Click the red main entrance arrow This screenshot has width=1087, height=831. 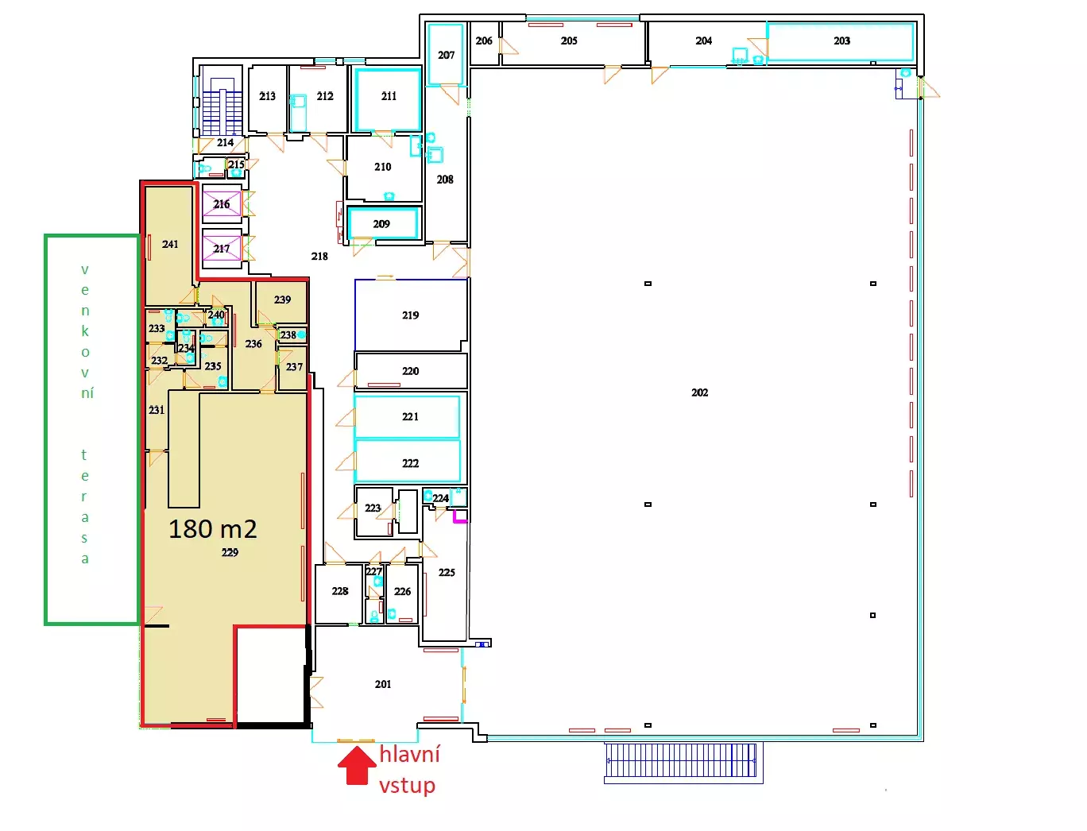(x=356, y=765)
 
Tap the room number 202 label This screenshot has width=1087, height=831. (x=699, y=392)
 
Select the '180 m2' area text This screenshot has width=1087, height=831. (x=212, y=528)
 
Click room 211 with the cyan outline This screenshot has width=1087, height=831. (x=388, y=99)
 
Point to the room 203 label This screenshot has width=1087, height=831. (x=841, y=41)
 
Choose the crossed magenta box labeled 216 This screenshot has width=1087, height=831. (x=222, y=204)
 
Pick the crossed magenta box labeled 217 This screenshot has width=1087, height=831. (x=222, y=248)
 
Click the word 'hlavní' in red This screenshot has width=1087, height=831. (x=409, y=754)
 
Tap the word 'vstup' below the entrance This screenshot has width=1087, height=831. (x=407, y=786)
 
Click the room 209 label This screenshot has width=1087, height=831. (x=381, y=224)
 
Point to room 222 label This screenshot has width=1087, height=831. (x=410, y=463)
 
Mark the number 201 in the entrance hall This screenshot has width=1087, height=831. (x=383, y=684)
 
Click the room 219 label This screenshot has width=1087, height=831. (x=410, y=315)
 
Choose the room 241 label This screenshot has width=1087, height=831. (x=170, y=244)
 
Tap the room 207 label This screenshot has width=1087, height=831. (x=446, y=55)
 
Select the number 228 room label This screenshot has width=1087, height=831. (x=340, y=591)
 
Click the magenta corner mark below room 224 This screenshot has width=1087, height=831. (x=460, y=519)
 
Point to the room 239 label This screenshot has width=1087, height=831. (x=282, y=300)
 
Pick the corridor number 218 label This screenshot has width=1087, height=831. (x=319, y=257)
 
